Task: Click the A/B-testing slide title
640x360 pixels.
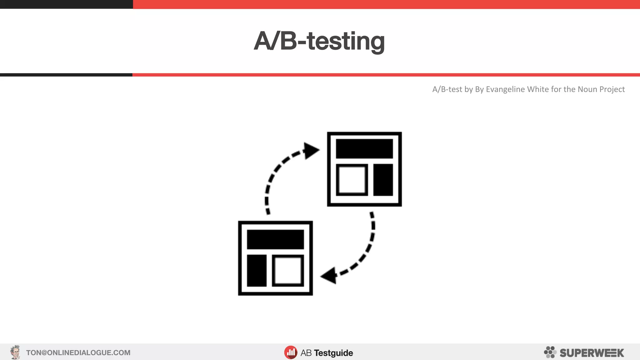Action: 319,41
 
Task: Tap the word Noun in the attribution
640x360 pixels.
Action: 587,89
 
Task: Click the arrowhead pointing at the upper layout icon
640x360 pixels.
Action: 311,151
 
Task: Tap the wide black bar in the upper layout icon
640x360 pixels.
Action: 364,149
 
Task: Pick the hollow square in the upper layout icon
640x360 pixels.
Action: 352,180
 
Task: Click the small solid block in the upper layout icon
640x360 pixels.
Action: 383,180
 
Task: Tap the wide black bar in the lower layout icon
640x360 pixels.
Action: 275,239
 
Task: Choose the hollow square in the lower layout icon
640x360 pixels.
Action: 288,271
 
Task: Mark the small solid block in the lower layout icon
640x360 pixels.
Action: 257,271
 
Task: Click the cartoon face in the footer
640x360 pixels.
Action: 15,352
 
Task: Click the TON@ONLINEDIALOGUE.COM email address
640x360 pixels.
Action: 78,353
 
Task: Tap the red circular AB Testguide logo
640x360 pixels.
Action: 291,352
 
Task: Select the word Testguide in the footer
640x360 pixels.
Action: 333,353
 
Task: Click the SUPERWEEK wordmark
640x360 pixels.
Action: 592,353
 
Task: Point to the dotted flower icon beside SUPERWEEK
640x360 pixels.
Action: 550,352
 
